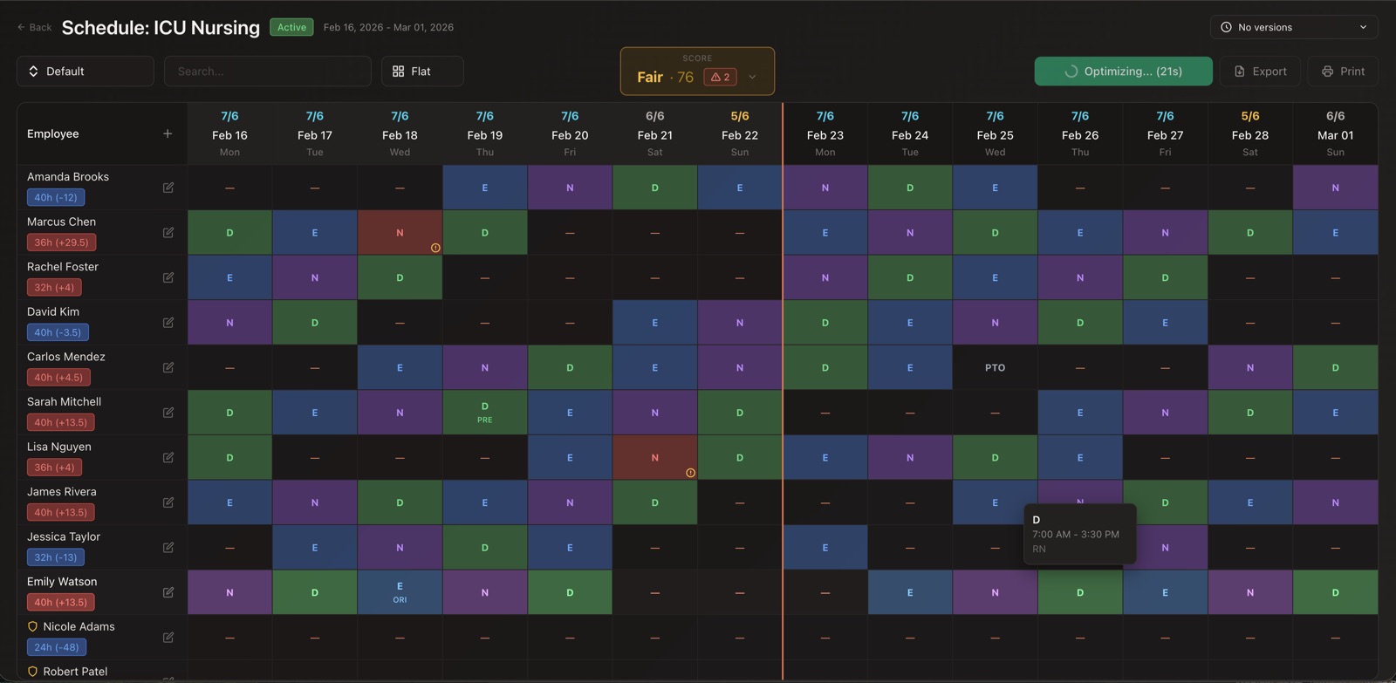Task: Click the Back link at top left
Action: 35,27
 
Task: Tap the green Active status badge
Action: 291,27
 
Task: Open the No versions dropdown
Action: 1293,27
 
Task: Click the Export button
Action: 1260,72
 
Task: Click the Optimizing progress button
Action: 1123,72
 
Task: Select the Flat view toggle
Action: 421,72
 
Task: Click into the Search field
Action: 267,72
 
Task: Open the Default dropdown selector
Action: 85,72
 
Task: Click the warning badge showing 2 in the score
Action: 720,77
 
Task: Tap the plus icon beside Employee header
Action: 168,133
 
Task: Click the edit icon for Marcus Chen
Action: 168,232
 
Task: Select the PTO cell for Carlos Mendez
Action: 995,367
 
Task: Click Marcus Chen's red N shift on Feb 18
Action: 400,232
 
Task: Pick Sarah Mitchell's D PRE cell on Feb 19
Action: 484,413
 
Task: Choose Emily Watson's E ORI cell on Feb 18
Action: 400,592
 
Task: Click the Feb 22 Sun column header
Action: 739,134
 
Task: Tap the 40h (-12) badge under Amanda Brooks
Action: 56,197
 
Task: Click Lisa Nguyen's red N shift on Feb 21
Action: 654,457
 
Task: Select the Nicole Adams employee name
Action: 79,626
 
